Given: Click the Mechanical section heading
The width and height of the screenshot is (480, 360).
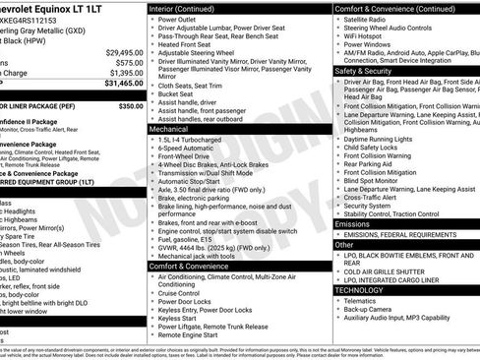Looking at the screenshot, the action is click(170, 128).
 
